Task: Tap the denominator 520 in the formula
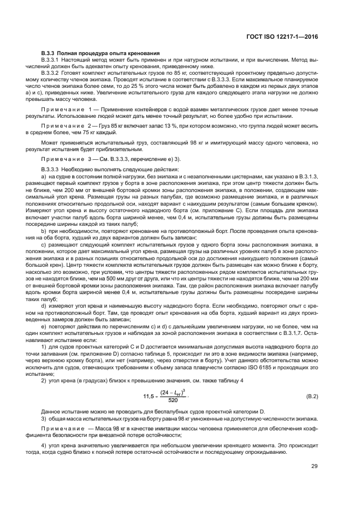tap(173, 399)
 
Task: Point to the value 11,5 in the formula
tap(149, 395)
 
